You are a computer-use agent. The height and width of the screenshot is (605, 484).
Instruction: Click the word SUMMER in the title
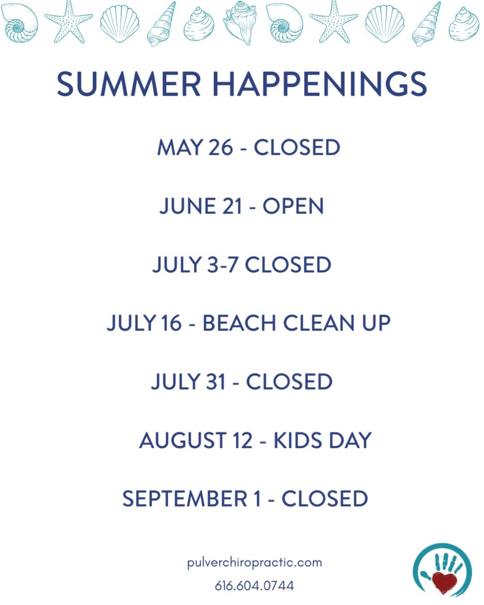pyautogui.click(x=129, y=84)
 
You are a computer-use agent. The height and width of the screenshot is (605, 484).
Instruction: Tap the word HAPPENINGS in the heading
pyautogui.click(x=320, y=84)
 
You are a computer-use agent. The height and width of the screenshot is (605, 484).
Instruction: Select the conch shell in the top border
pyautogui.click(x=241, y=22)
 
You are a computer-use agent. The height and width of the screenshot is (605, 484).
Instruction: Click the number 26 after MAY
pyautogui.click(x=221, y=147)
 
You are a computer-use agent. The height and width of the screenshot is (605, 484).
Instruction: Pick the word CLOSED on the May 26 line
pyautogui.click(x=297, y=147)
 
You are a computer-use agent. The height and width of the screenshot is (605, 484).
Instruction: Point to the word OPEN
pyautogui.click(x=293, y=206)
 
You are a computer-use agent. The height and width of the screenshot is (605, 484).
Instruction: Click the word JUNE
pyautogui.click(x=187, y=206)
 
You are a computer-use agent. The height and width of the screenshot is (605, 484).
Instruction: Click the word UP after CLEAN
pyautogui.click(x=376, y=323)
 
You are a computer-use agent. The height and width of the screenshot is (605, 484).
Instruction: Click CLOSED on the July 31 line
pyautogui.click(x=290, y=382)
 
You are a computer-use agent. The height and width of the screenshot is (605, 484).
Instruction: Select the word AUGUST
pyautogui.click(x=183, y=441)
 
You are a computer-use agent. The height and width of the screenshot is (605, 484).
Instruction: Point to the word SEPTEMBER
pyautogui.click(x=184, y=499)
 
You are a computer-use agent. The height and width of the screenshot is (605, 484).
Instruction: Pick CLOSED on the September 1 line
pyautogui.click(x=325, y=499)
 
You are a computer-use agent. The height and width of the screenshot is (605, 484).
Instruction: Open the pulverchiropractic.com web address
pyautogui.click(x=255, y=563)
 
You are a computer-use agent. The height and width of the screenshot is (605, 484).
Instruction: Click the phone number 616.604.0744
pyautogui.click(x=254, y=586)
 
